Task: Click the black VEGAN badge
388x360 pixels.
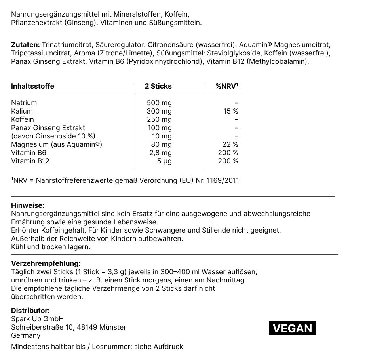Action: [292, 328]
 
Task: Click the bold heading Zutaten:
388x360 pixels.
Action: [25, 45]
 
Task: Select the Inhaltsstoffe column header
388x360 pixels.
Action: [32, 86]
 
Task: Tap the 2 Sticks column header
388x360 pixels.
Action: [158, 86]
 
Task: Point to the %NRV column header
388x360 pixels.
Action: [227, 86]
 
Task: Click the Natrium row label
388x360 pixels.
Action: [24, 103]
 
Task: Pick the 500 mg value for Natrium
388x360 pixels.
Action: [159, 103]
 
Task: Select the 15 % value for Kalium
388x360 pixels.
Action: [230, 111]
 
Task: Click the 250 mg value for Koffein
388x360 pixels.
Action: [159, 119]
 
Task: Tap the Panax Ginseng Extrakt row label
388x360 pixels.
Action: [48, 128]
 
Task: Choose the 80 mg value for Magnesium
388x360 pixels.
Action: [162, 144]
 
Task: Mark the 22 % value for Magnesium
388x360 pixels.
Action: [230, 144]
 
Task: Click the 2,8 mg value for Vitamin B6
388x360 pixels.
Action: [160, 153]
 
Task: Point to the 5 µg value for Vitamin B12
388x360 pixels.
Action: [165, 161]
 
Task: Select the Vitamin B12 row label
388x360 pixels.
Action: [30, 161]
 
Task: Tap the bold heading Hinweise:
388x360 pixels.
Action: [28, 205]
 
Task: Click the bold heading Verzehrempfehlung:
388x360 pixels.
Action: [46, 263]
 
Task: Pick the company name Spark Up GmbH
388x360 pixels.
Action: [37, 319]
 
